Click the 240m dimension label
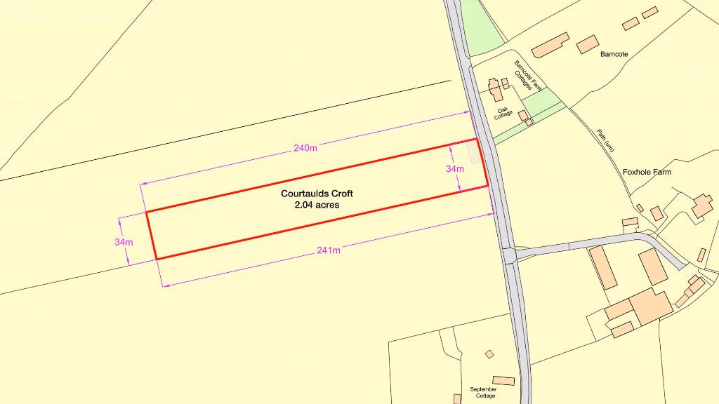[x=305, y=148]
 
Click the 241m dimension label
[x=329, y=250]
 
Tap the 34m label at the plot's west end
[x=124, y=242]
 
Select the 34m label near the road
[x=455, y=169]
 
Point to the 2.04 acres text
[x=312, y=205]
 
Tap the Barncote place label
[x=614, y=54]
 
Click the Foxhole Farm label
[x=647, y=172]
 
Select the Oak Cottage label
[x=503, y=113]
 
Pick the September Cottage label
[x=483, y=392]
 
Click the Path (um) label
[x=605, y=140]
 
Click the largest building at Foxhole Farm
[x=650, y=306]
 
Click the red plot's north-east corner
[x=477, y=139]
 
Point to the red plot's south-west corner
[x=156, y=259]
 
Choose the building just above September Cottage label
[x=503, y=380]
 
